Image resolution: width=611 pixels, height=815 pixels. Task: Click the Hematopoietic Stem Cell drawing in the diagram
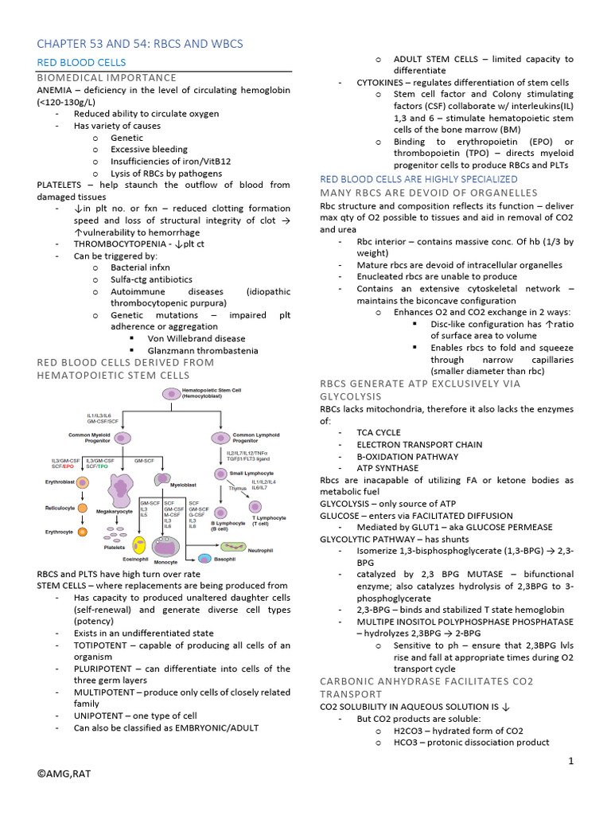173,393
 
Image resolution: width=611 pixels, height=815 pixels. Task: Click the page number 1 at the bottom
570,762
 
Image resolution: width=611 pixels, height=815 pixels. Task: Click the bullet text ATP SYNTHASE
387,469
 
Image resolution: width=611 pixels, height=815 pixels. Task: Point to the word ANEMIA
56,89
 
